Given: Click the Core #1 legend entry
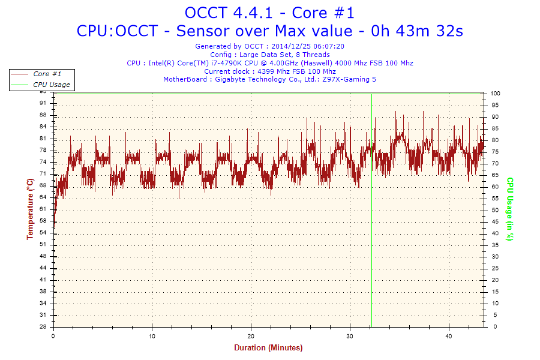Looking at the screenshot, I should pyautogui.click(x=47, y=74).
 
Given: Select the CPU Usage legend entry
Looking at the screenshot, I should pyautogui.click(x=51, y=85).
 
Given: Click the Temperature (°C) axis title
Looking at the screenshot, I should pyautogui.click(x=30, y=209).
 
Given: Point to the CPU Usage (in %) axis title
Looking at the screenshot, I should pyautogui.click(x=510, y=209).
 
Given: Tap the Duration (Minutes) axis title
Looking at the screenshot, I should pyautogui.click(x=268, y=348).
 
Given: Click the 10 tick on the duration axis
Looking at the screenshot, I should pyautogui.click(x=152, y=335).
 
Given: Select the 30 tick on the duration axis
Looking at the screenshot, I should pyautogui.click(x=350, y=335).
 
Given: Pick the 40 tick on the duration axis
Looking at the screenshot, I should pyautogui.click(x=449, y=335).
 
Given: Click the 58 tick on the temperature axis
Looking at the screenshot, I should pyautogui.click(x=43, y=221).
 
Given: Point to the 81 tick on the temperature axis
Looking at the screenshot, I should pyautogui.click(x=43, y=139).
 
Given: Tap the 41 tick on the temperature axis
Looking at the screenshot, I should pyautogui.click(x=43, y=280).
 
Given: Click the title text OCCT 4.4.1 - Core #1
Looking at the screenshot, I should pyautogui.click(x=269, y=13).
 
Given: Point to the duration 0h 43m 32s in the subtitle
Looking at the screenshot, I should pyautogui.click(x=418, y=31).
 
